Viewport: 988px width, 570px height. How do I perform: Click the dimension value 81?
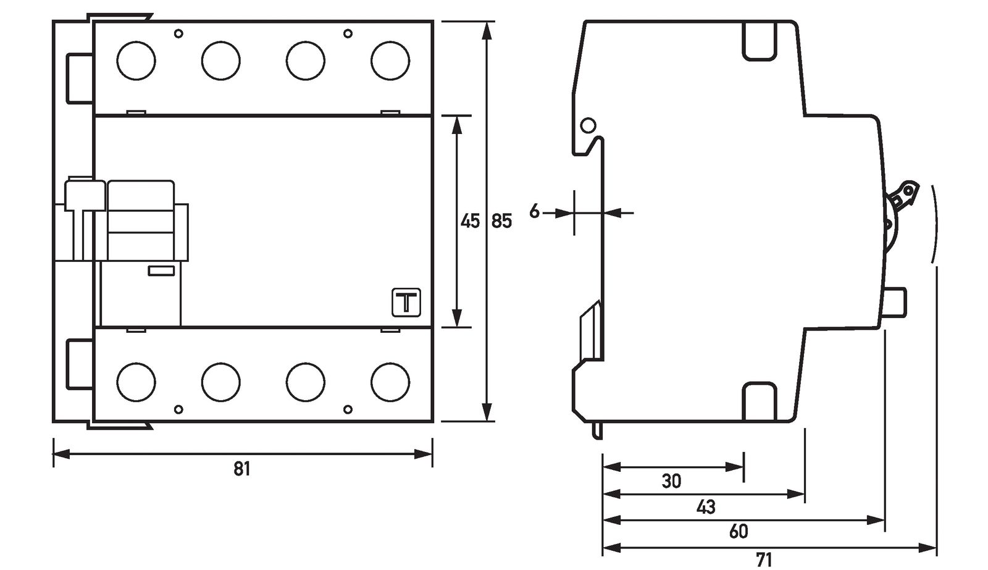241,469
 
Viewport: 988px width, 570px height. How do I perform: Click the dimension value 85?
501,221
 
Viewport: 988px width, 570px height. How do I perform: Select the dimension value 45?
470,221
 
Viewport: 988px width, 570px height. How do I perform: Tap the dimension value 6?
534,212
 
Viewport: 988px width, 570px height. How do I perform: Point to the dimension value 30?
671,481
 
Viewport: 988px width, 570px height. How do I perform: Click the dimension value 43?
705,507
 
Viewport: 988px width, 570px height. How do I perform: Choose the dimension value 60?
738,532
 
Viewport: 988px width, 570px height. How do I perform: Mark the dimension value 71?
764,560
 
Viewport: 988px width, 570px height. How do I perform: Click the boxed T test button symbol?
406,303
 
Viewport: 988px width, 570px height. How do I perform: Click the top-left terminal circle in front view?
136,61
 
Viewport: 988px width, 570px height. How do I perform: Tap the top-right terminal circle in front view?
390,61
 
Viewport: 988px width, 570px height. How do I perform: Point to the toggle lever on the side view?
902,196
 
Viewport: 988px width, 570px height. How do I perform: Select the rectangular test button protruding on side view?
897,302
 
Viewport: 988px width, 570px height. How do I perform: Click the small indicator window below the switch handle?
161,270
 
